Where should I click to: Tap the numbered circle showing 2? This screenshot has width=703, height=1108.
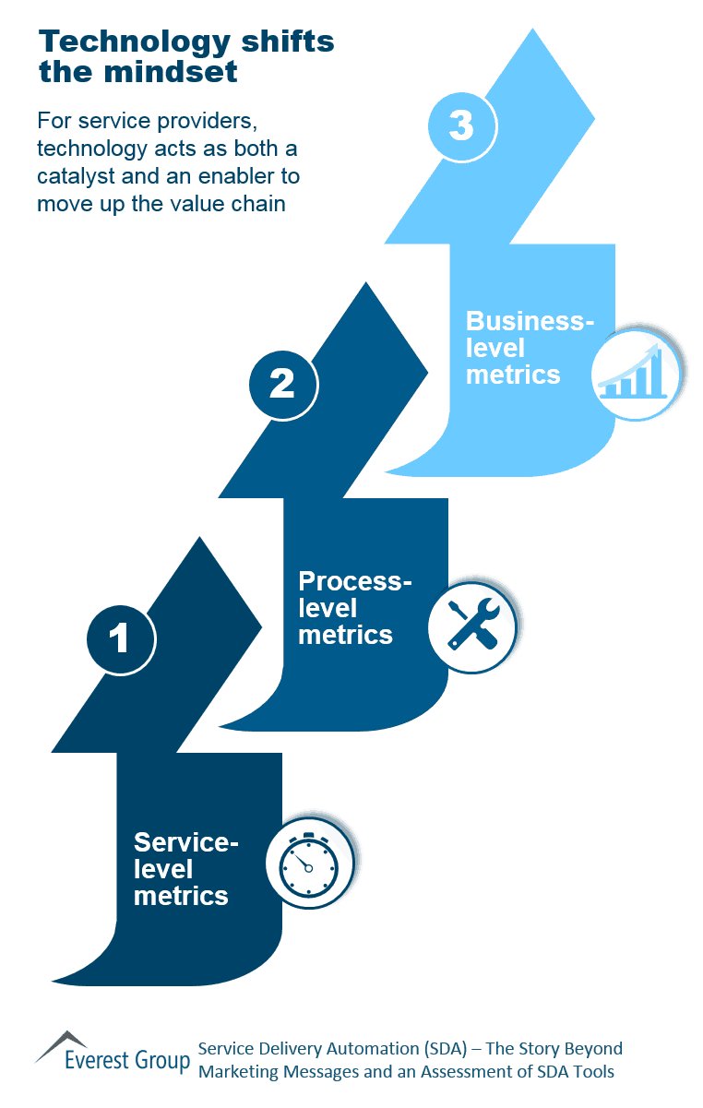point(282,383)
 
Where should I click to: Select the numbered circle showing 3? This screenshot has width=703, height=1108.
point(462,125)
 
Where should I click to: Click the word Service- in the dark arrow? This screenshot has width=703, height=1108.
point(186,842)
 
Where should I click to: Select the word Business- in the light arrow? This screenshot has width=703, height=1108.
point(530,321)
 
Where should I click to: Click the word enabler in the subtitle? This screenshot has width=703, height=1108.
point(251,175)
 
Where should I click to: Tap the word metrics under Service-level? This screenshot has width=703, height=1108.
point(181,895)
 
